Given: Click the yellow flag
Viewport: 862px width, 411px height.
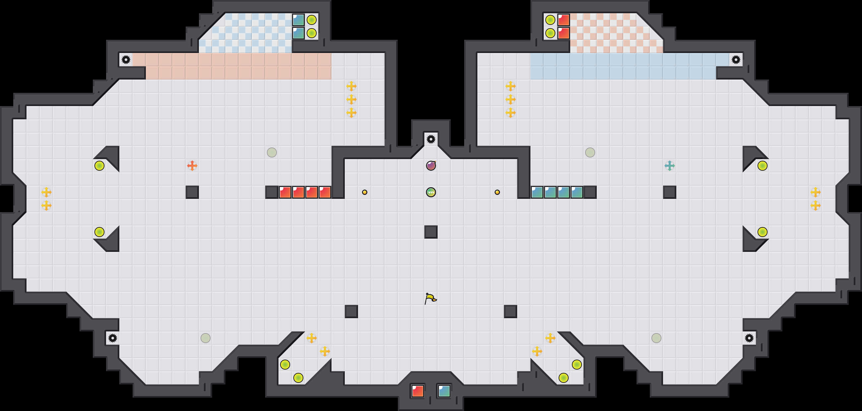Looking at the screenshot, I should [x=430, y=298].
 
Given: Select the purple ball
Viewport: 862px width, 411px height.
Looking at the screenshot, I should [x=431, y=165].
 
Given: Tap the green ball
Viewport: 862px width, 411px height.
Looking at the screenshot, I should [x=431, y=192].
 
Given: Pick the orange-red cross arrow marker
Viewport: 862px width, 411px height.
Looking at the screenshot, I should [x=192, y=165].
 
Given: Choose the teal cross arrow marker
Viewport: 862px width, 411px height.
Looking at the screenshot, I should [x=670, y=165].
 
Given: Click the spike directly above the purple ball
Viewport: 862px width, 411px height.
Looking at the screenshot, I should [x=431, y=139].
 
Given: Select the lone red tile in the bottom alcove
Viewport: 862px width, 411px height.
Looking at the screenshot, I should [x=418, y=391].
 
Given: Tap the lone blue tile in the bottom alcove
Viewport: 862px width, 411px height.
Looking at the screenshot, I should [x=444, y=391].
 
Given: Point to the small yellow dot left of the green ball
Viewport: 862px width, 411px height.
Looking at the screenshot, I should [x=365, y=192].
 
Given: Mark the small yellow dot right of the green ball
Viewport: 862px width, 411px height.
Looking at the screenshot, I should [x=497, y=192].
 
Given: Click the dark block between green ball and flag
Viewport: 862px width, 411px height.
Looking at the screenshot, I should [x=431, y=232].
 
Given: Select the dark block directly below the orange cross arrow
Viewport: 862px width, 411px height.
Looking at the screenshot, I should [x=192, y=192].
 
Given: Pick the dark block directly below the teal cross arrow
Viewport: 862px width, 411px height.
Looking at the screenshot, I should [x=670, y=192].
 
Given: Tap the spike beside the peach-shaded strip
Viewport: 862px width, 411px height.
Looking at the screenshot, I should [x=126, y=60].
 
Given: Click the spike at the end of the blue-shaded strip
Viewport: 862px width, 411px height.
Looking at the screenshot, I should [x=736, y=60].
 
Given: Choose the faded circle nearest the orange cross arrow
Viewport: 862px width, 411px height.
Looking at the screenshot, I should [x=272, y=152].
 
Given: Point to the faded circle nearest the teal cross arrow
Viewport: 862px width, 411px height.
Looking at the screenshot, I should [x=590, y=152].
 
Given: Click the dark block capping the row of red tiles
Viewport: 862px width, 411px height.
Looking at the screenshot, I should [x=272, y=192].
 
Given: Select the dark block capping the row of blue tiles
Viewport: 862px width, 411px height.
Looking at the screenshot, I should [x=590, y=192].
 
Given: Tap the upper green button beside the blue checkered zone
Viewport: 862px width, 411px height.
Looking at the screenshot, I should [x=312, y=20].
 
